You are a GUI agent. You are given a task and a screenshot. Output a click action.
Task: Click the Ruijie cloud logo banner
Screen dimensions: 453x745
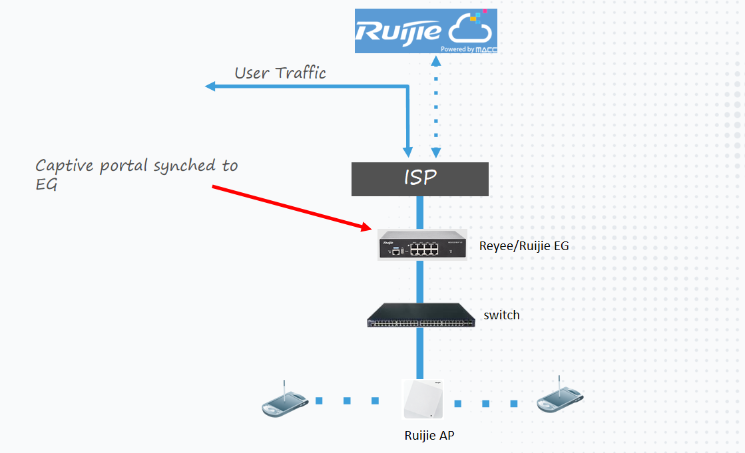[426, 31]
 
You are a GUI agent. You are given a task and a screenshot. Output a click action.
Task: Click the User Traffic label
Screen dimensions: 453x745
[280, 73]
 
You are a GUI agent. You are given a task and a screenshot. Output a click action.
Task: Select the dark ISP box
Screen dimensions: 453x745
[419, 179]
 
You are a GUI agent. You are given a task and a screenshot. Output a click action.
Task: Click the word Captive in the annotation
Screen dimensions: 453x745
[65, 166]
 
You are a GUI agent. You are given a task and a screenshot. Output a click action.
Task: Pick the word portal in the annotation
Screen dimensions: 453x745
[124, 166]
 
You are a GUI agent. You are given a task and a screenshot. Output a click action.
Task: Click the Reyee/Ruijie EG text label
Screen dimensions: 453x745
[524, 246]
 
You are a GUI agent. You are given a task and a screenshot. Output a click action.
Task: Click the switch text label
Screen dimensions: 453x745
[501, 315]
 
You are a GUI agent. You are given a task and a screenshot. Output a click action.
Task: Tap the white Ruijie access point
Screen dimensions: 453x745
[423, 399]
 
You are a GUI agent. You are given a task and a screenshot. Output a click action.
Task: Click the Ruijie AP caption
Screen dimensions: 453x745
[430, 436]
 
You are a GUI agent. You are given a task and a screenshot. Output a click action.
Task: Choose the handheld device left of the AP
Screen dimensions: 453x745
[284, 402]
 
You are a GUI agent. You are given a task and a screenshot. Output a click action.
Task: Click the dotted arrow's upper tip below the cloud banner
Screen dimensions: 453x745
[435, 60]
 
